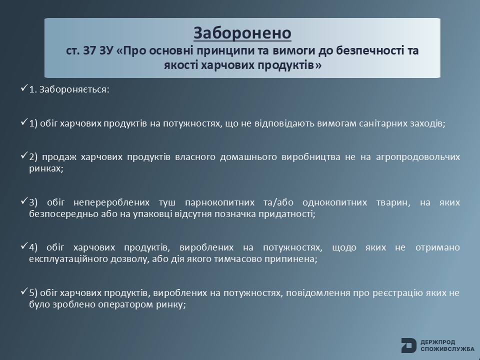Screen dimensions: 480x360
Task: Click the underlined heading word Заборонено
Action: pos(242,33)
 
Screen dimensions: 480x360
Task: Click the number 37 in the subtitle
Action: pos(89,50)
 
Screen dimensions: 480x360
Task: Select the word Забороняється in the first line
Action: pos(73,89)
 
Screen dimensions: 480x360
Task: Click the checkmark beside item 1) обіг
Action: pos(24,122)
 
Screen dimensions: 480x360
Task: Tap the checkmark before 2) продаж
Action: pos(24,155)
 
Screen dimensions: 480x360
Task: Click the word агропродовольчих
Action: pos(418,157)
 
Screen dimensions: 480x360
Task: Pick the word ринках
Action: pos(46,168)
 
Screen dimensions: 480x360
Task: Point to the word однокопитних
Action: pos(334,202)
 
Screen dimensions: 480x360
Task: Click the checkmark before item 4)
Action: pos(24,246)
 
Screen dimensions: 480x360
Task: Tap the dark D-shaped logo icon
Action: pos(408,345)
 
